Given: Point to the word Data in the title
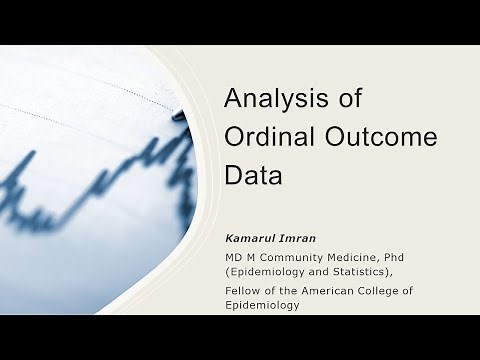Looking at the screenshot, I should click(x=253, y=175).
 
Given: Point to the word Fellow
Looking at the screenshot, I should click(x=243, y=290).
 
